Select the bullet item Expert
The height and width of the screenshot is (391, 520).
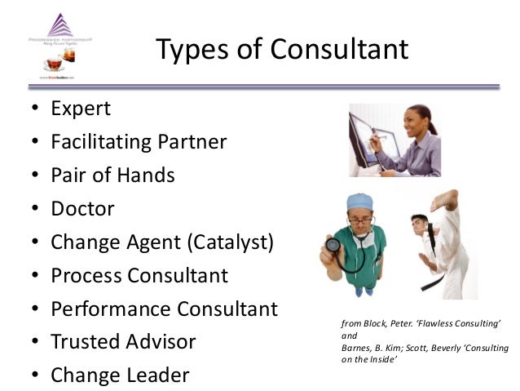click(x=81, y=109)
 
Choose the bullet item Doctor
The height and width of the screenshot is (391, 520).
click(x=82, y=208)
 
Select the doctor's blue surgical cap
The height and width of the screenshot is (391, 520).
click(x=359, y=202)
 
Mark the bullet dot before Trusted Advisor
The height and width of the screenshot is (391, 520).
click(x=33, y=343)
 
